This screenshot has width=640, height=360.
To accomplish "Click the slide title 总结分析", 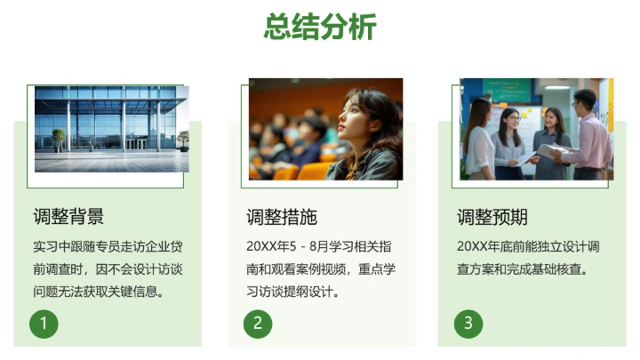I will click(320, 27).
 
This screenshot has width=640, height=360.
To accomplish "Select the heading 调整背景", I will click(68, 217).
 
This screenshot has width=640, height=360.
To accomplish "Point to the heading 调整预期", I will click(492, 217).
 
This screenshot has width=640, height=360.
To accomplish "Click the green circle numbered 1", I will click(44, 323).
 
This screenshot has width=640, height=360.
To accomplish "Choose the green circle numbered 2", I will click(257, 323).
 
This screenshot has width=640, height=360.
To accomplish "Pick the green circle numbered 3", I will click(468, 323).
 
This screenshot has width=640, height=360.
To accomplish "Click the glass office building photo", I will click(111, 128).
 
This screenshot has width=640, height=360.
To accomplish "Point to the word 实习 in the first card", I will click(44, 245).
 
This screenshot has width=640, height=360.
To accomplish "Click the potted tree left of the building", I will click(59, 138).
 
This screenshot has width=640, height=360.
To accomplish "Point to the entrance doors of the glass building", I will click(136, 142).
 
